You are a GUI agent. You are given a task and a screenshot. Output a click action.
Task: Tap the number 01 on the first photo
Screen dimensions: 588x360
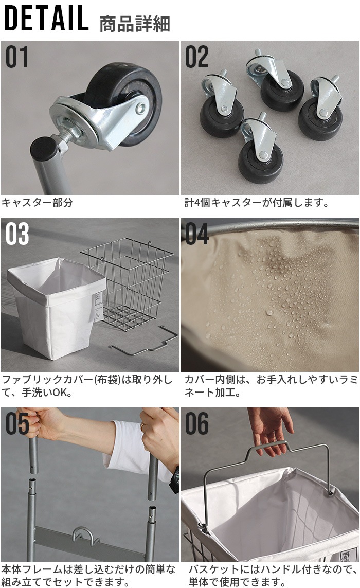point(17,57)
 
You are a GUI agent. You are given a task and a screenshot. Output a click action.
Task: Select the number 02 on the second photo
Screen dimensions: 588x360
point(197,57)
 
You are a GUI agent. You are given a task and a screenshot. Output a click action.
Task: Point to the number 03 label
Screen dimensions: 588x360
point(17,234)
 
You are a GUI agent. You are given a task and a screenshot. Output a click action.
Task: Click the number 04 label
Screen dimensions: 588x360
point(197,234)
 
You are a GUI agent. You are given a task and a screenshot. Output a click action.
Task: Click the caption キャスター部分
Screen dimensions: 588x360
point(37,203)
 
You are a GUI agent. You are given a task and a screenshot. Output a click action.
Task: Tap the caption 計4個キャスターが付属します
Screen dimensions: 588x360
point(257,203)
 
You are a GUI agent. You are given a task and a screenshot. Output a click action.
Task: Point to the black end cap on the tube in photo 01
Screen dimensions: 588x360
point(44,149)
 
